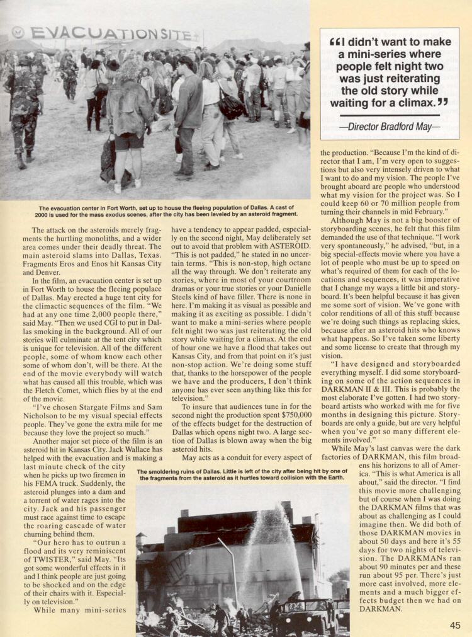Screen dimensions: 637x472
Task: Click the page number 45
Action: point(454,625)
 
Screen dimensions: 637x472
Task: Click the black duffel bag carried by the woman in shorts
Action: point(108,161)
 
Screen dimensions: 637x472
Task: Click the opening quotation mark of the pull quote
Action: point(334,43)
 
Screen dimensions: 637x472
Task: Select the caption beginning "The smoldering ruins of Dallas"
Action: point(242,474)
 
